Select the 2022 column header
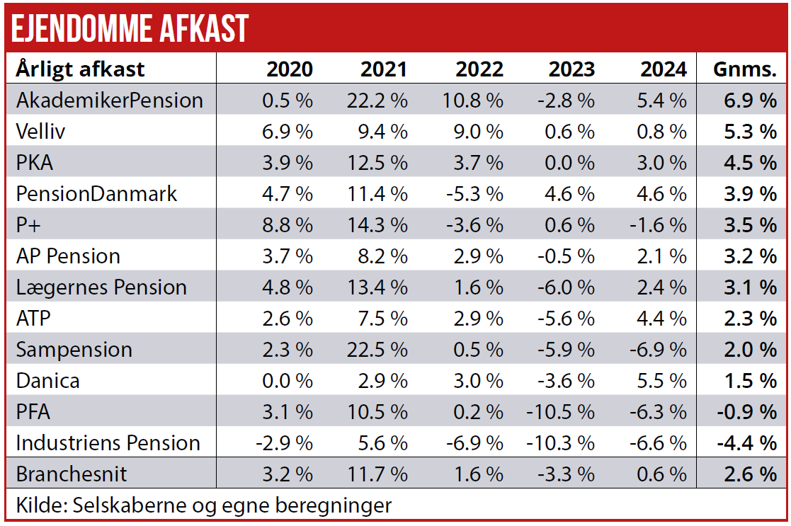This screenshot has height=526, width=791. click(479, 69)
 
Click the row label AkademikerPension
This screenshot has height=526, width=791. click(110, 101)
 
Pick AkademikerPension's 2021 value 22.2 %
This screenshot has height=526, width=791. click(377, 101)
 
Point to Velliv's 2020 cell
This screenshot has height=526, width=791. click(287, 132)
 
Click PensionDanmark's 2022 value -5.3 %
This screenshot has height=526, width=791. click(474, 194)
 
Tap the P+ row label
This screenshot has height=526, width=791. click(32, 225)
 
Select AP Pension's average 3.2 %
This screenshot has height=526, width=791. click(750, 256)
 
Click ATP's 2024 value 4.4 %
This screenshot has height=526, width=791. click(663, 319)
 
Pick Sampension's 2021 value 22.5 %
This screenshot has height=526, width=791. click(377, 350)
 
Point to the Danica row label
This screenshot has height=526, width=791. click(47, 381)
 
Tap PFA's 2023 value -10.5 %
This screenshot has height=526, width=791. click(559, 412)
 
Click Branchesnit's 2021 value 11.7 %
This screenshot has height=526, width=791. click(377, 474)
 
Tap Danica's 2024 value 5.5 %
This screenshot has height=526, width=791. click(663, 381)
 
